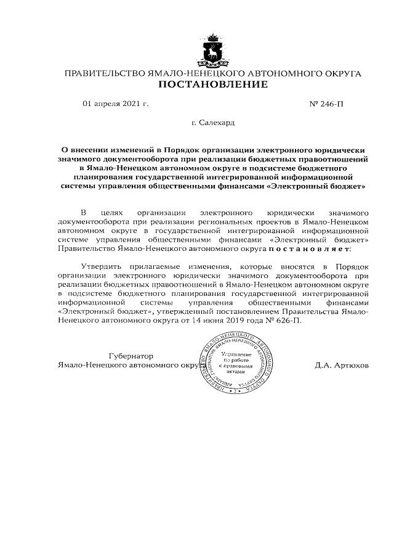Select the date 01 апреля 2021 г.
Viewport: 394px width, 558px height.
coord(116,104)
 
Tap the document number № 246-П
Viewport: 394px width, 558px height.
coord(326,104)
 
